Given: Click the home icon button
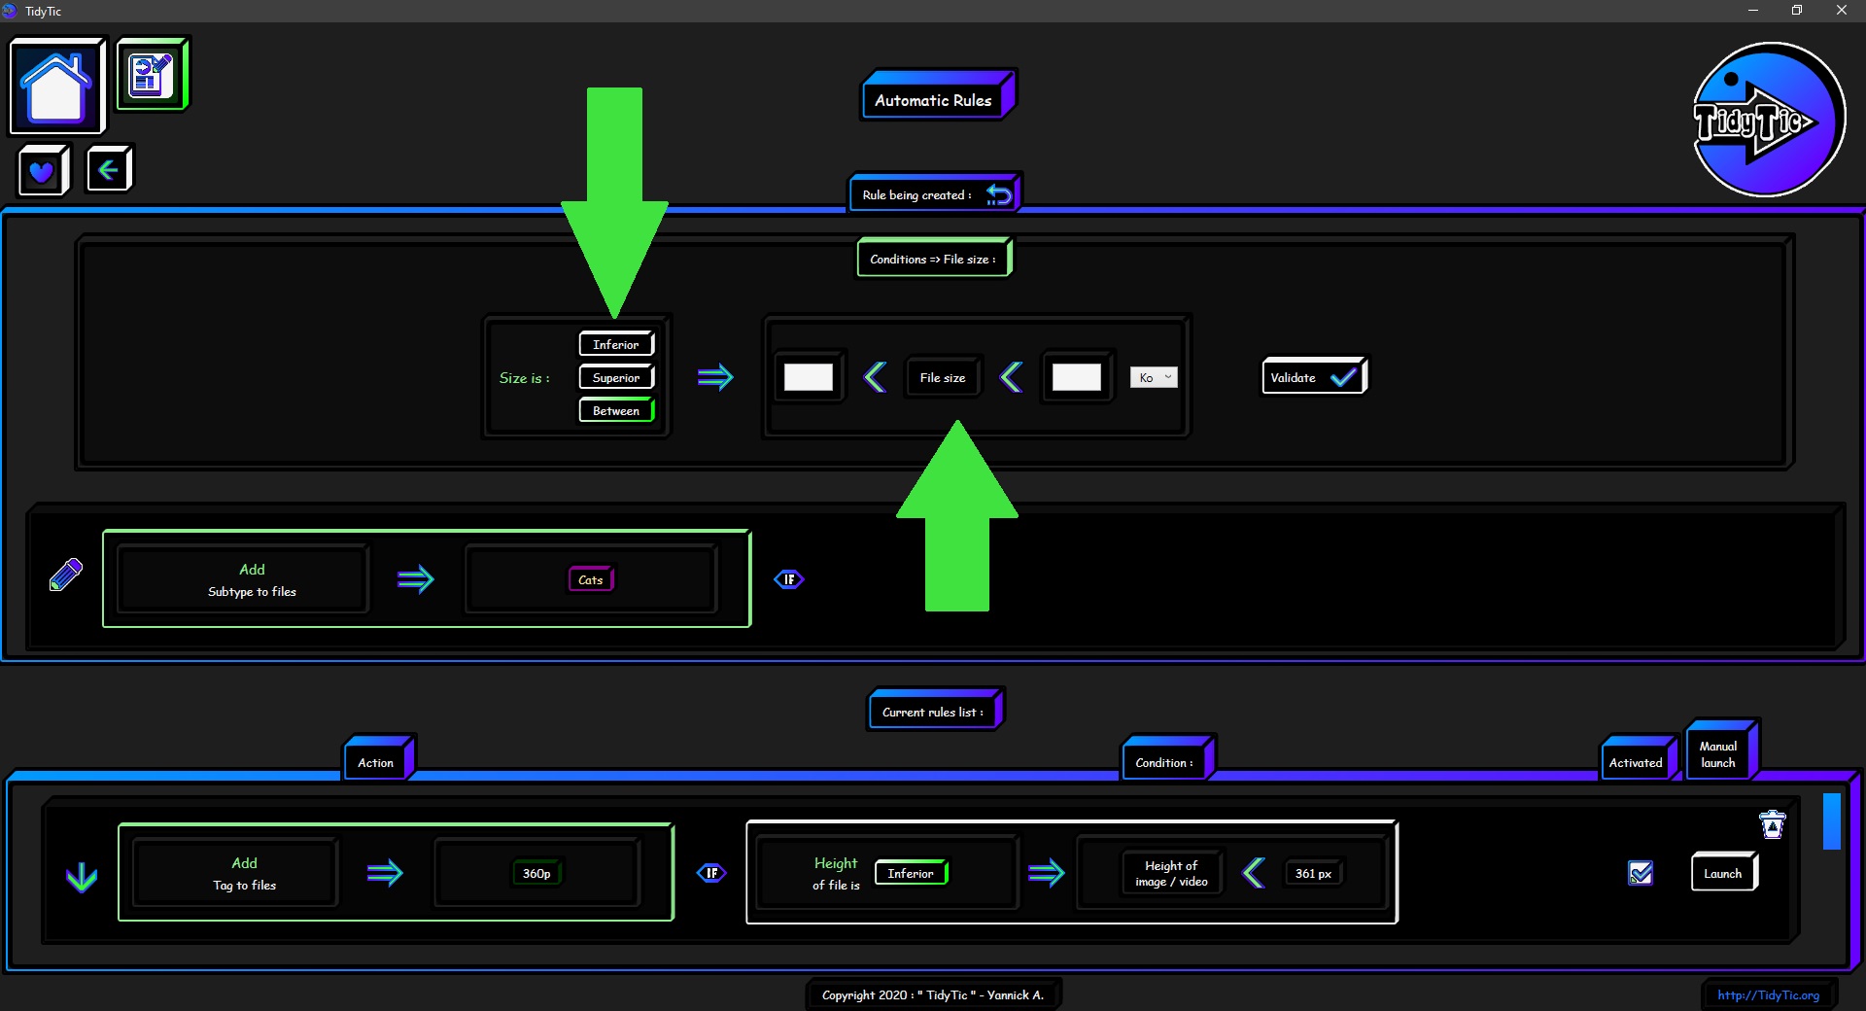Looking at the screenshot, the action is coord(56,86).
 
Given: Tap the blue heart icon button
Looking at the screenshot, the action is coord(43,171).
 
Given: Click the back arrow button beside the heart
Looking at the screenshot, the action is coord(109,170).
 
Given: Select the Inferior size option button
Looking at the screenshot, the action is coord(616,344).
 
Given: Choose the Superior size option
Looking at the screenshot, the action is coord(616,377).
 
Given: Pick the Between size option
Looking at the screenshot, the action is coord(616,410).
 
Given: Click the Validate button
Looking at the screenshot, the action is coord(1314,377).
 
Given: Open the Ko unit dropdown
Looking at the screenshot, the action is coord(1154,377).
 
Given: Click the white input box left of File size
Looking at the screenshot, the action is coord(809,377).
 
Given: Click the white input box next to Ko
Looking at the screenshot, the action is coord(1077,377).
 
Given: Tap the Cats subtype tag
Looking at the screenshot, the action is coord(591,579).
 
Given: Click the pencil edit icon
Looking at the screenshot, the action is coord(66,575).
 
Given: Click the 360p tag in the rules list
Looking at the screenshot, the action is coord(536,873).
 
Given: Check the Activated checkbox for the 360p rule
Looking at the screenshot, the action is coord(1641,873).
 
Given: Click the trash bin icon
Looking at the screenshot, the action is coord(1773,824).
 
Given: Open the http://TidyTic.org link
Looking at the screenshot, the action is coord(1768,994).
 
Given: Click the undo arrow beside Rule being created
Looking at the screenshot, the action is coord(998,195).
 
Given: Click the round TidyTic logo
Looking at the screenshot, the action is coord(1768,120).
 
